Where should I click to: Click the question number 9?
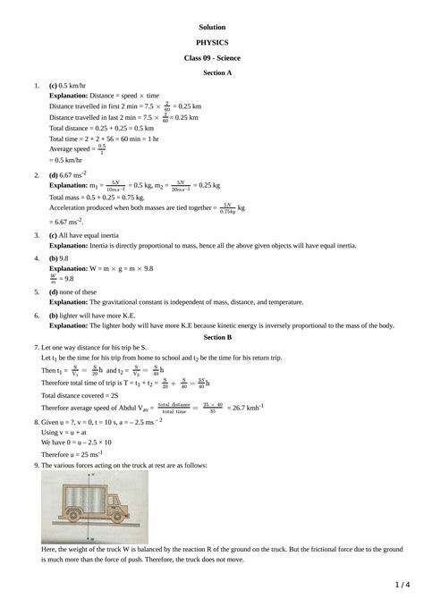(36, 465)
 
